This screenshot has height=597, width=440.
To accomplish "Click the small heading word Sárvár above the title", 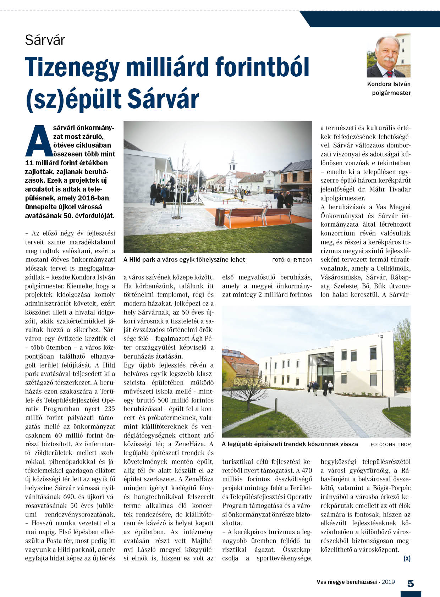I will [45, 40].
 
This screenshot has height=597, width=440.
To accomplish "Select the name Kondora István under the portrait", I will [389, 84].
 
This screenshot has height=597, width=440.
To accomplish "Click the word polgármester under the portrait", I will [391, 93].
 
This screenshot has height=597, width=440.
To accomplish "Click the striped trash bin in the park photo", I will [220, 217].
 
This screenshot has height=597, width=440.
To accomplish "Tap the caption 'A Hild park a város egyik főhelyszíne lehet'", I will [184, 260].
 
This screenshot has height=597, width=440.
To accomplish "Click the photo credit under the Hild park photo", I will [292, 260].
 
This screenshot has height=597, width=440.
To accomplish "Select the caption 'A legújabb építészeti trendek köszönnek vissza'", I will [290, 444].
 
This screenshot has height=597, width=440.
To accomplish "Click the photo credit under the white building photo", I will [390, 444].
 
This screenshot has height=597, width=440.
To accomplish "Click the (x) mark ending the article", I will [407, 558].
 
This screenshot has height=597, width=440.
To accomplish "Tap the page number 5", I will [411, 584].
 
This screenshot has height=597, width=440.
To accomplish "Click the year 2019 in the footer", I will [388, 582].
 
